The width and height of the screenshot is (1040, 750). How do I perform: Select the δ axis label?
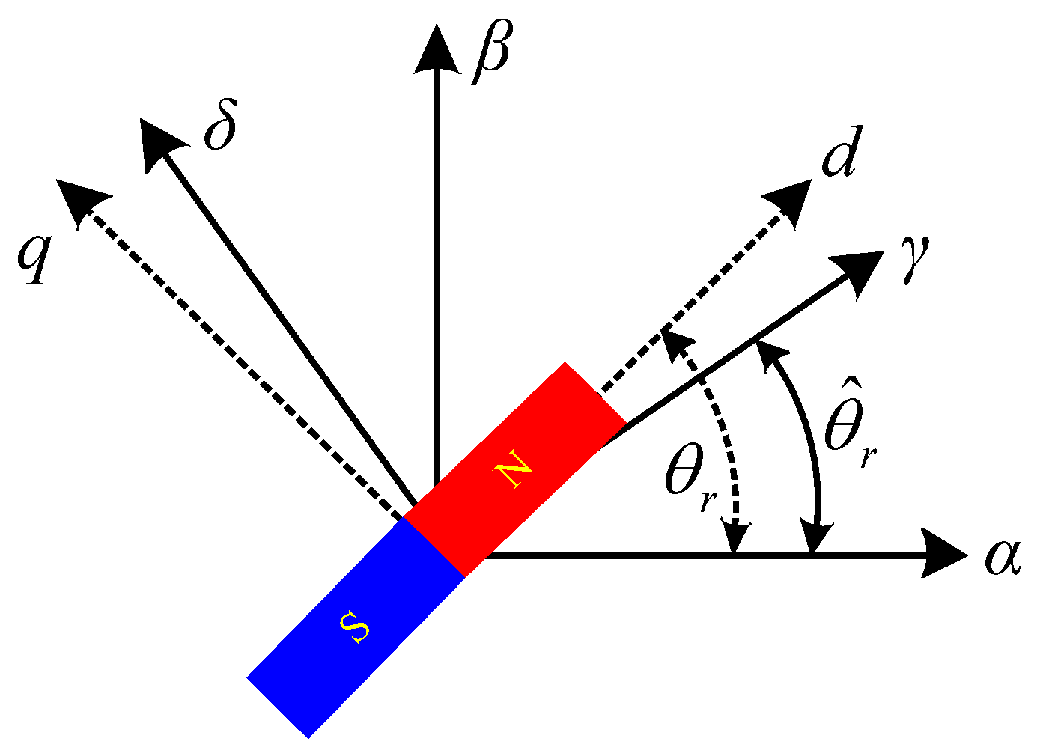(220, 130)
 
